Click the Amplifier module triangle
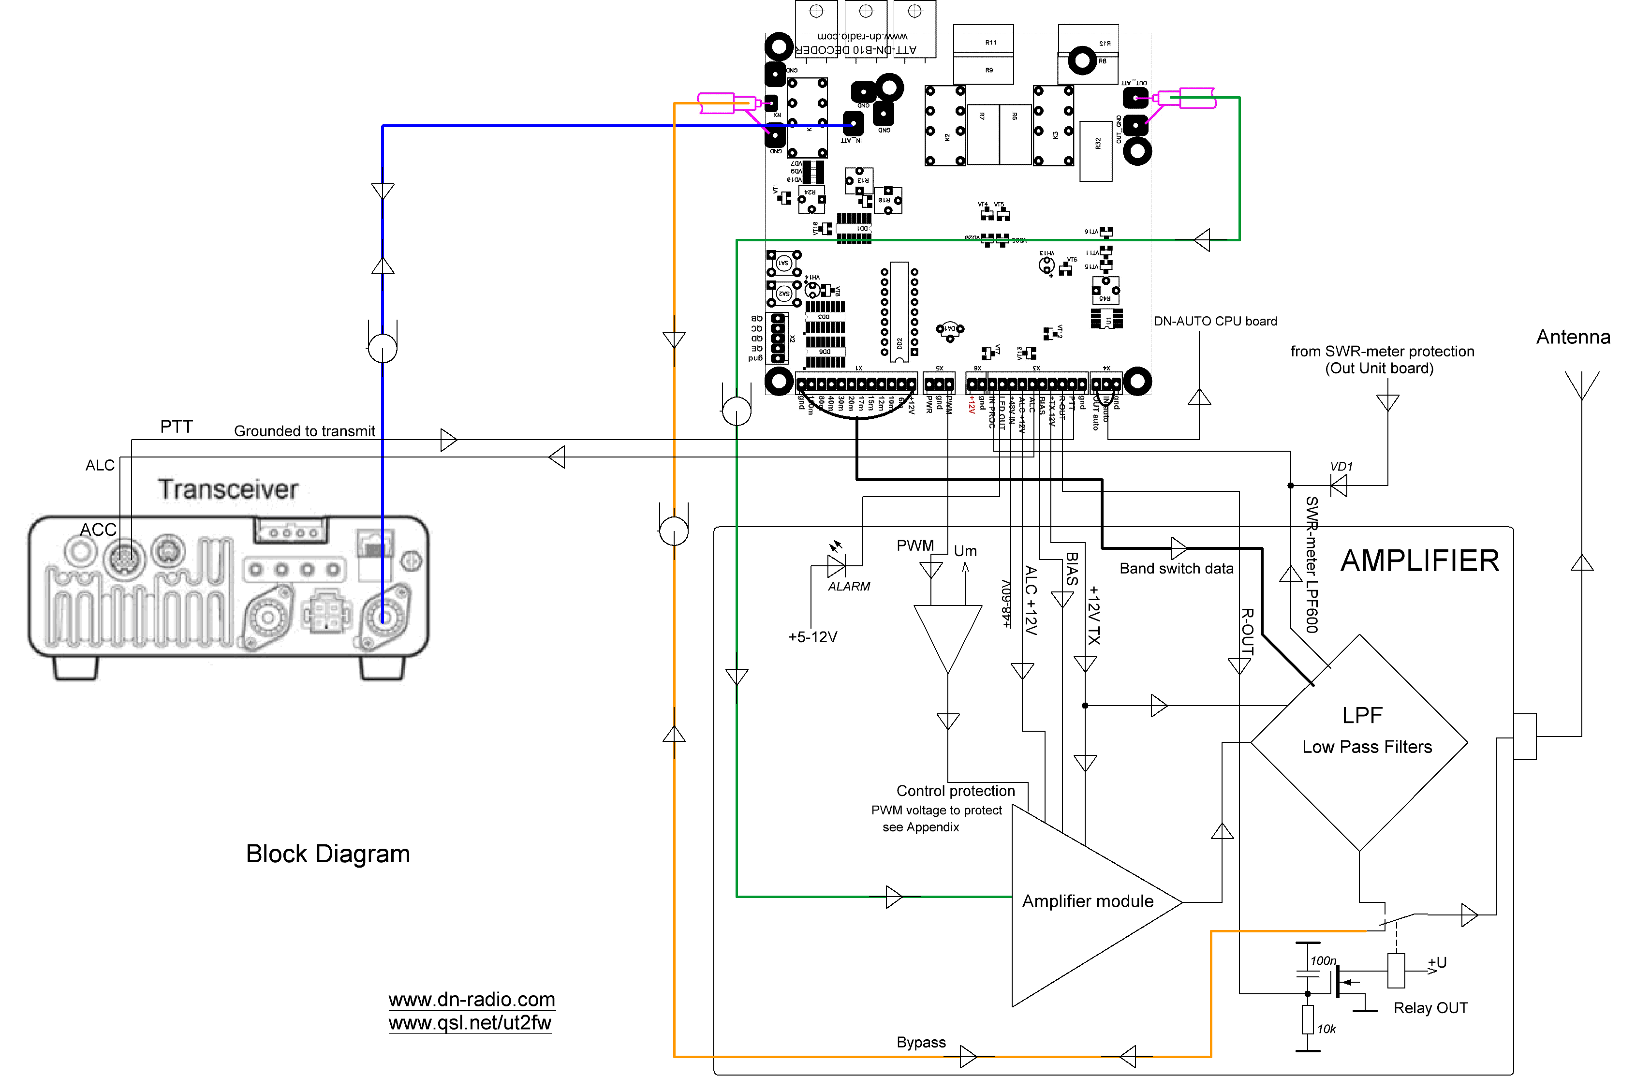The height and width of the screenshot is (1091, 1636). (x=1085, y=904)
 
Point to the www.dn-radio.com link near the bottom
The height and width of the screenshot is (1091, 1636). (x=472, y=1000)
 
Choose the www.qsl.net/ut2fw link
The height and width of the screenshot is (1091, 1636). (x=470, y=1023)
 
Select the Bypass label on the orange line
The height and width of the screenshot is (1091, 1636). (x=920, y=1042)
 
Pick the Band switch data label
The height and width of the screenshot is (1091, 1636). (x=1176, y=568)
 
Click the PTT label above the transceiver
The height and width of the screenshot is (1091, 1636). (x=176, y=427)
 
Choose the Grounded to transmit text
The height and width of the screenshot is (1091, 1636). (x=304, y=431)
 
